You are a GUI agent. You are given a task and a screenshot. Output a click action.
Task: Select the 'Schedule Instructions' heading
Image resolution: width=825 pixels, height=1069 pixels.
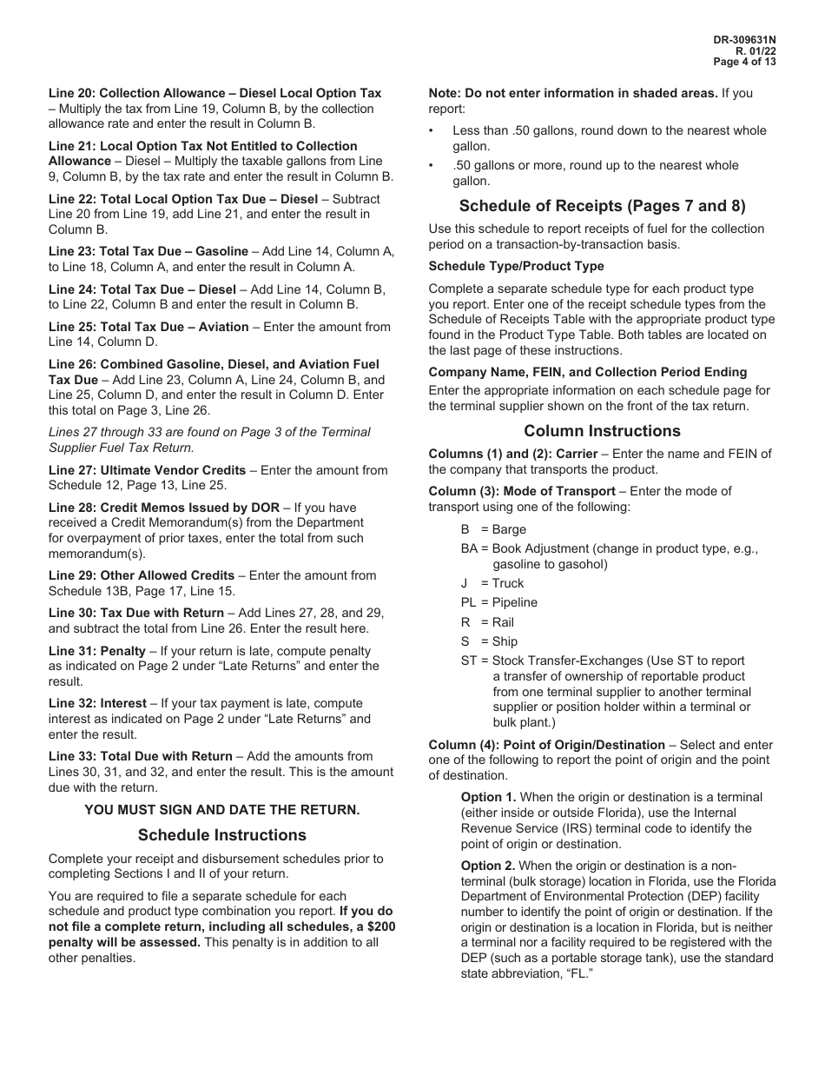pos(222,835)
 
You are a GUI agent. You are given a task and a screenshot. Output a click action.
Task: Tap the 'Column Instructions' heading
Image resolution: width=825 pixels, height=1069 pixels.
pos(602,431)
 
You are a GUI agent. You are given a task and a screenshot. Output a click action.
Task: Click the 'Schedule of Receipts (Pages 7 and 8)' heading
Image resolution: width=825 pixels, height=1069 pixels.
pos(602,206)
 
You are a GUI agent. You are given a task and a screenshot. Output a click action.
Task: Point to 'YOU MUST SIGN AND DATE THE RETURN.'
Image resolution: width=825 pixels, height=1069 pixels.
pos(221,809)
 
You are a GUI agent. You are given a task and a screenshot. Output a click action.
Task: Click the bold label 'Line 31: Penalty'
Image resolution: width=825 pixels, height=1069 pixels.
pos(97,650)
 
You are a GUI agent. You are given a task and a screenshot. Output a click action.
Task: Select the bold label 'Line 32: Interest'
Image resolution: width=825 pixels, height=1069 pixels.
pos(98,703)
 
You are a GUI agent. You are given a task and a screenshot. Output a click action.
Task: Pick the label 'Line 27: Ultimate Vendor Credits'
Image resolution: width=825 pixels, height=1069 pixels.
pos(148,470)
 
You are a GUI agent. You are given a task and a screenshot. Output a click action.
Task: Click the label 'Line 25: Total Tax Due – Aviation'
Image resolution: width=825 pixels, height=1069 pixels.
pos(148,327)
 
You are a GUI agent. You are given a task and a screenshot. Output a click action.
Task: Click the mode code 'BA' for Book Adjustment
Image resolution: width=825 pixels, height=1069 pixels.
pos(470,548)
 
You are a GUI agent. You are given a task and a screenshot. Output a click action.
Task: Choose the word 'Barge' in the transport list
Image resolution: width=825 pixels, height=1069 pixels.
pos(509,529)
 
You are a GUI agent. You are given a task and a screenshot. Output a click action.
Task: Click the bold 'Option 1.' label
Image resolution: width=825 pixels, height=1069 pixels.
pos(488,797)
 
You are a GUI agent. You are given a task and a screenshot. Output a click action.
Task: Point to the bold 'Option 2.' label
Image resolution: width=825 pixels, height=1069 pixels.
pos(488,866)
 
